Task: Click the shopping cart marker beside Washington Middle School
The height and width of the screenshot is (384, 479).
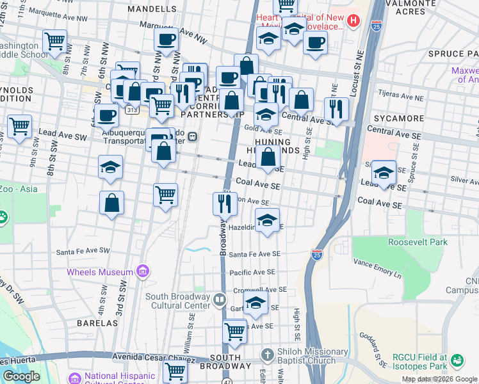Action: [x=55, y=42]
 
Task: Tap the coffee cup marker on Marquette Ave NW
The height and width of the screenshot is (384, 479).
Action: [x=166, y=40]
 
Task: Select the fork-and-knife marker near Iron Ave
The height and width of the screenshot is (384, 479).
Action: [x=223, y=204]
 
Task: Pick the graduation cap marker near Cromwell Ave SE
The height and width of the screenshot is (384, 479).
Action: [x=256, y=302]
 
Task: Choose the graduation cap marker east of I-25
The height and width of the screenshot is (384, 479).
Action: [x=384, y=173]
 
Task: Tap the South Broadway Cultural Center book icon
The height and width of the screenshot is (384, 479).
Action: [x=220, y=299]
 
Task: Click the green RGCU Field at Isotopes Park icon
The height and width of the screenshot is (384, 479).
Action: [x=457, y=361]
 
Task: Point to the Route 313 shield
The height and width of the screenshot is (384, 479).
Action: [x=131, y=110]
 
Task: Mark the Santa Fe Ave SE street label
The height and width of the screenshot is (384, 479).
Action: [x=256, y=254]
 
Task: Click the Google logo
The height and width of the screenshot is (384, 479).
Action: [x=21, y=376]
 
